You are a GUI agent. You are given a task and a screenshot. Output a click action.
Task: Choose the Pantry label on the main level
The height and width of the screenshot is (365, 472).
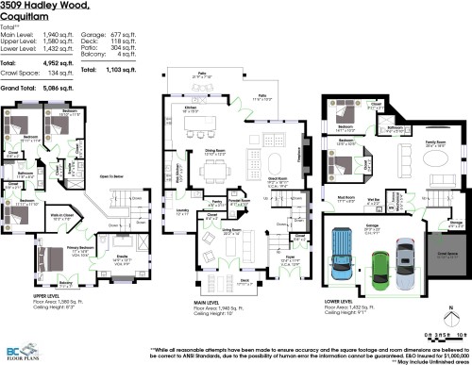tap(216, 201)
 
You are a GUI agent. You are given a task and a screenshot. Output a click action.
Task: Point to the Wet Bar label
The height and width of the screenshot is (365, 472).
tap(374, 200)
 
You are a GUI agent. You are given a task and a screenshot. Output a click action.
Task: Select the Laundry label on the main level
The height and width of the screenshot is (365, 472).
tap(183, 213)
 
